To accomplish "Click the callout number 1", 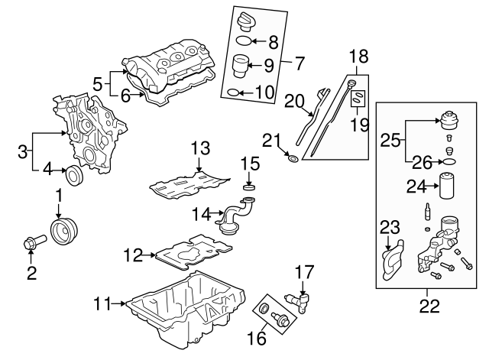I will (58, 196).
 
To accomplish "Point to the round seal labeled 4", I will (74, 175).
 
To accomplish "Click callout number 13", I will (199, 148).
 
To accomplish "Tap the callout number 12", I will (134, 255).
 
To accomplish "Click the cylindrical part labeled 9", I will (241, 66).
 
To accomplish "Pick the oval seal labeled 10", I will (235, 93).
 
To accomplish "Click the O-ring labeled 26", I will (449, 163).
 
